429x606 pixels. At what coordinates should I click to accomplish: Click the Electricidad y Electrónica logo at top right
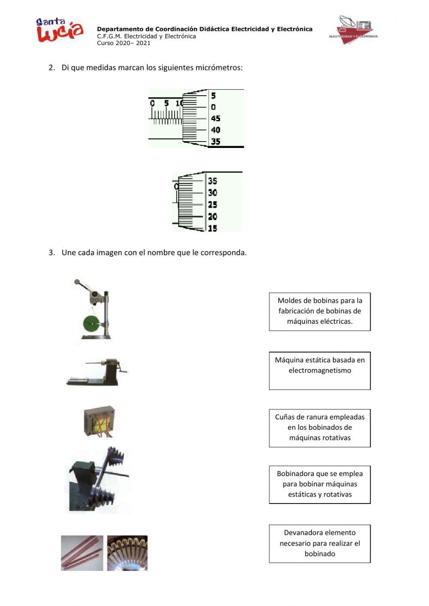(x=353, y=30)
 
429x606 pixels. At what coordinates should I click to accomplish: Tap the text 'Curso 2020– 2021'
(x=124, y=43)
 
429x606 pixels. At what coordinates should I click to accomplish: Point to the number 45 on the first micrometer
(x=215, y=119)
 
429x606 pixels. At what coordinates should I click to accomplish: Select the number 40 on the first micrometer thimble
(x=215, y=130)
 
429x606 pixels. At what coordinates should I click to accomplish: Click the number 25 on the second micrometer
(x=212, y=205)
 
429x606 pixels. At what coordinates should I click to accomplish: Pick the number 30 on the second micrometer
(x=212, y=193)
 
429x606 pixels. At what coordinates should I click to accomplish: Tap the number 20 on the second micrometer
(x=212, y=217)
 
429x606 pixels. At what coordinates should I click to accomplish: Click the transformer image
(x=99, y=422)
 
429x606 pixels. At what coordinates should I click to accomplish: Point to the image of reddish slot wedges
(x=82, y=553)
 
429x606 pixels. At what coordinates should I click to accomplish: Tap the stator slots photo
(x=127, y=553)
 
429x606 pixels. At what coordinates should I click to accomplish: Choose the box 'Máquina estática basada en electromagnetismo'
(x=320, y=371)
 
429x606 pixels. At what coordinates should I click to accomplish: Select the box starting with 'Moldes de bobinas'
(x=320, y=311)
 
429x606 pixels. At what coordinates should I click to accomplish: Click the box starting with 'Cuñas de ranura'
(x=320, y=428)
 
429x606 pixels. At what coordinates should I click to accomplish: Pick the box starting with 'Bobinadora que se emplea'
(x=320, y=484)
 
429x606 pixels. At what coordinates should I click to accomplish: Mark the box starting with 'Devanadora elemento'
(x=320, y=543)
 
